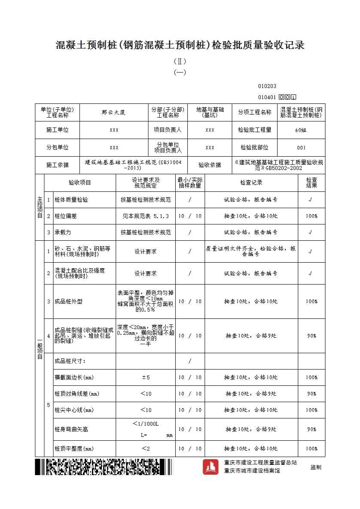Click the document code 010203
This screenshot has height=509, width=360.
click(267, 86)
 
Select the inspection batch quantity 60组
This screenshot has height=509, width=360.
click(301, 130)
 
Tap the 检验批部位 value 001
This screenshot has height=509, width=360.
click(301, 148)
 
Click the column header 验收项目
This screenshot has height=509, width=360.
click(80, 183)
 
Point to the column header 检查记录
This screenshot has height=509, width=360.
click(251, 183)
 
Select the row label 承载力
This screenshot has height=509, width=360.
click(63, 232)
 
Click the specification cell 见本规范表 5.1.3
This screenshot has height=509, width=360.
click(146, 216)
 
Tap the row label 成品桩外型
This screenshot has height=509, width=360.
click(68, 301)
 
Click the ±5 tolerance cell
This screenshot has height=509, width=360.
click(146, 377)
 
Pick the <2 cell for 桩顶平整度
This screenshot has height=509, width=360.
click(146, 448)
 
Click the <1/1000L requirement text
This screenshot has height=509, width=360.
click(146, 424)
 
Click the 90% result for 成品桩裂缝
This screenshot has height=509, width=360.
click(311, 336)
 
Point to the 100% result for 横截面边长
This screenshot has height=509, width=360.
click(311, 377)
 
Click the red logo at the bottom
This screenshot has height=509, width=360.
click(211, 467)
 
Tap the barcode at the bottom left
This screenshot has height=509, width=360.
click(103, 467)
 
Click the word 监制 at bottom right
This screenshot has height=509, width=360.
click(316, 467)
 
